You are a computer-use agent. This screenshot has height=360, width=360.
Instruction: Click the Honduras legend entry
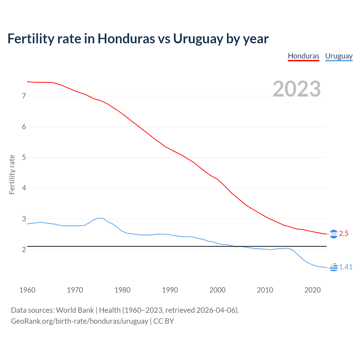(x=303, y=56)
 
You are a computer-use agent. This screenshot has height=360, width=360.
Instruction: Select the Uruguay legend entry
(x=339, y=56)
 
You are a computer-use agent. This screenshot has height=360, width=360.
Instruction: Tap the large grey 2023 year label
(x=297, y=89)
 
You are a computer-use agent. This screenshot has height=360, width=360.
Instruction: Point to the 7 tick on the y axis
(x=24, y=96)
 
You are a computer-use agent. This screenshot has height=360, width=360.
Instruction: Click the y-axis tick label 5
(x=24, y=157)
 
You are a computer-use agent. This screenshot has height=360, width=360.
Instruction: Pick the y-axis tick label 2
(x=24, y=249)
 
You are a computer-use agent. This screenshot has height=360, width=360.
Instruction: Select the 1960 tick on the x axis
(x=27, y=290)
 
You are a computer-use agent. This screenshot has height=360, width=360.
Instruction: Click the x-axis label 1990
(x=170, y=290)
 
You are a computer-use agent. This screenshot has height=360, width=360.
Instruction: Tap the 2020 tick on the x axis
(x=312, y=290)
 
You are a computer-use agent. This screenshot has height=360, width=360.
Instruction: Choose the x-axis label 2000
(x=217, y=290)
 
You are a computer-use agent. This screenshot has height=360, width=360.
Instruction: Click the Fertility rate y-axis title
(x=12, y=174)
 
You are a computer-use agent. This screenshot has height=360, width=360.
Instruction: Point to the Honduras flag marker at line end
(x=334, y=234)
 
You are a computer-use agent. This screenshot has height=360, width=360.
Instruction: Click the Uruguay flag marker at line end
(x=334, y=267)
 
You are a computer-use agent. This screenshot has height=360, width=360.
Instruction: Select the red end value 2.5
(x=344, y=234)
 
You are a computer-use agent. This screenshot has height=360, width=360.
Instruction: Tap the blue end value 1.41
(x=346, y=267)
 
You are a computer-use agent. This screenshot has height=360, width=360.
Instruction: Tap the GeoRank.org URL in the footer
(x=79, y=321)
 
